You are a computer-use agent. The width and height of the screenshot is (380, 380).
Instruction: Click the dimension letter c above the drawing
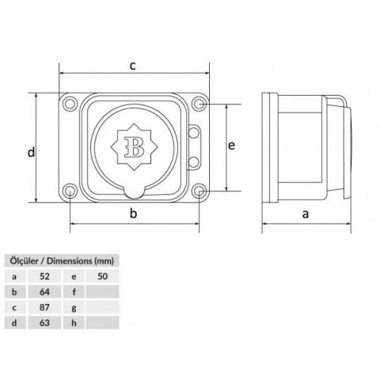(133, 66)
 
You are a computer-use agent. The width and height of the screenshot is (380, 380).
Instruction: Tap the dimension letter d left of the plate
(31, 152)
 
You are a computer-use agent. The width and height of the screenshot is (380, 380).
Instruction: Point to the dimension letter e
(231, 146)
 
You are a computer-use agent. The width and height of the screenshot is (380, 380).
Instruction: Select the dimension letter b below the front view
(134, 213)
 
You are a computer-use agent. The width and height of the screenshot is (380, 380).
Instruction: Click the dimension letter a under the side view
(306, 214)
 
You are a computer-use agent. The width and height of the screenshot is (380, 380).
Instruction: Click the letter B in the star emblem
(135, 147)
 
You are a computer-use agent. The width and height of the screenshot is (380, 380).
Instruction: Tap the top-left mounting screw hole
(70, 104)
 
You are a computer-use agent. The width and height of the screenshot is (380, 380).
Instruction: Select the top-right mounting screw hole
(199, 104)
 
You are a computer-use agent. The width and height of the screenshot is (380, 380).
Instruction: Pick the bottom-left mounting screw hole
(70, 191)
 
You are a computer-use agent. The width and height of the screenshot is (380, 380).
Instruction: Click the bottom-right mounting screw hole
(199, 191)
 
